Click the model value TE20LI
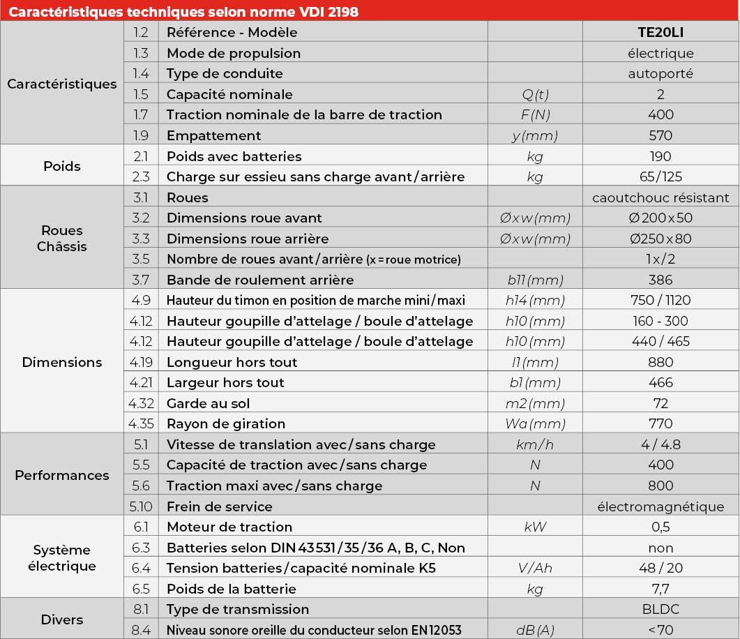tap(660, 32)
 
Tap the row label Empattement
tap(213, 135)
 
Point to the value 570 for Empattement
tap(660, 135)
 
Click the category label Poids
tap(62, 166)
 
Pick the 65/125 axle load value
tap(660, 176)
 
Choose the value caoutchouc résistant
tap(660, 197)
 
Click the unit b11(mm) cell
tap(535, 280)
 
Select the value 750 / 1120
tap(660, 300)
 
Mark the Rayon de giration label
tap(225, 423)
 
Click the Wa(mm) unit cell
tap(535, 423)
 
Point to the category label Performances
tap(62, 475)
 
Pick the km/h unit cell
tap(535, 444)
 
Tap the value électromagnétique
tap(660, 506)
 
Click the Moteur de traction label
tap(229, 527)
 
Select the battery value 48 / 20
tap(660, 568)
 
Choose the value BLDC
tap(660, 609)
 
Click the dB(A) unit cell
tap(535, 630)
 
